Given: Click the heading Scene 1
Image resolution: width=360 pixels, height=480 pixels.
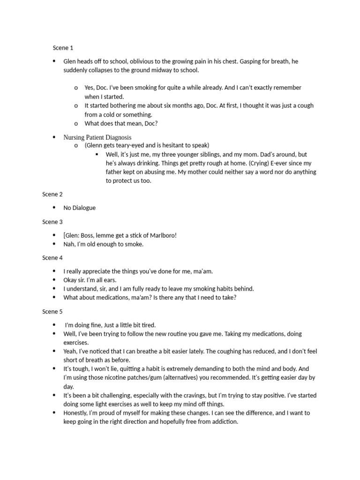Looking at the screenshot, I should [x=62, y=48].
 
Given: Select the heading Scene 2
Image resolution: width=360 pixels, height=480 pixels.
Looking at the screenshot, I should [x=52, y=195].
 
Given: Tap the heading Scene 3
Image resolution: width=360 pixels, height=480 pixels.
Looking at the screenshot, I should [x=52, y=222].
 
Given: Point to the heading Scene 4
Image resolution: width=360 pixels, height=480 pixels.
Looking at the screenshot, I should [x=52, y=258].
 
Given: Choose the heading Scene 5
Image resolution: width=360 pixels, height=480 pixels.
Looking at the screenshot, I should [x=52, y=312].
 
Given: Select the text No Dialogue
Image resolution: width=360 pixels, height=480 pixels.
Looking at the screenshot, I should [x=79, y=208].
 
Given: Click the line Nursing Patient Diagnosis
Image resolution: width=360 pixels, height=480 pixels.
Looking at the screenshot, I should [x=97, y=137].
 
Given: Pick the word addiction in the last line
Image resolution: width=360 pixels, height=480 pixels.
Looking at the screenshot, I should [x=224, y=422].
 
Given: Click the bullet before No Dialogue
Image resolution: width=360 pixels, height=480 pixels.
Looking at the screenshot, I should [x=54, y=208].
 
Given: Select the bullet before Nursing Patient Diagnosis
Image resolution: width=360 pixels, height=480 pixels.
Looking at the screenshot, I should [x=54, y=137].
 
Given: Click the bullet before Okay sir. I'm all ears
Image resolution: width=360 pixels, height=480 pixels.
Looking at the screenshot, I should [x=54, y=280].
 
